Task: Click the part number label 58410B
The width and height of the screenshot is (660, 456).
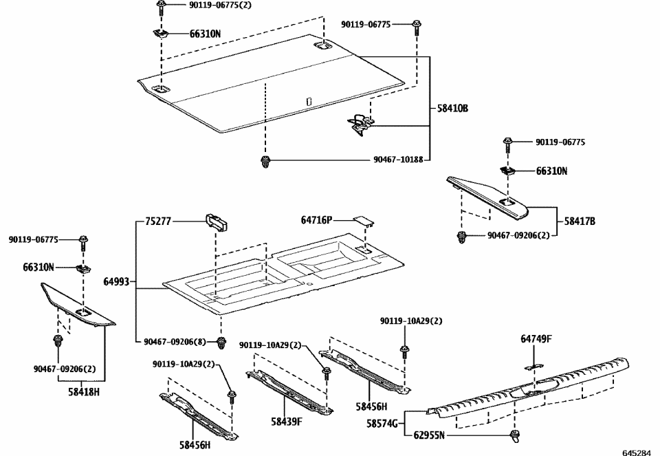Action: point(452,108)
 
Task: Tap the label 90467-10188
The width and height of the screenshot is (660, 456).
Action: point(398,160)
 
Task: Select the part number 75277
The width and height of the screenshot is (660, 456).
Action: point(158,221)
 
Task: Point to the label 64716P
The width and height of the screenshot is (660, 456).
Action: point(316,221)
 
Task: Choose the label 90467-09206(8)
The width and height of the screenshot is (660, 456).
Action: point(175,342)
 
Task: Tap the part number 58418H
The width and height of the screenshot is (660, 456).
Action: point(83,391)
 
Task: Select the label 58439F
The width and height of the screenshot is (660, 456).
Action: point(286,421)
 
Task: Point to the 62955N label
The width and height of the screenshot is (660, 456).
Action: point(430,435)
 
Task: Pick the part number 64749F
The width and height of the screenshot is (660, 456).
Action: point(536,338)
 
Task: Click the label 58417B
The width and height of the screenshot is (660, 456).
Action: point(580,221)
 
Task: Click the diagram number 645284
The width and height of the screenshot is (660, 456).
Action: point(636,452)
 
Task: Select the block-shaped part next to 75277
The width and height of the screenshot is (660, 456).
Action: point(217,221)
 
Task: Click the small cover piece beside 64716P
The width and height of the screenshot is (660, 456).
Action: point(362,221)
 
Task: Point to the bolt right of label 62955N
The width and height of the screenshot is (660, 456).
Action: point(514,435)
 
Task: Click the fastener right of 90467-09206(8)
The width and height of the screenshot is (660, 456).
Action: point(221,342)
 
